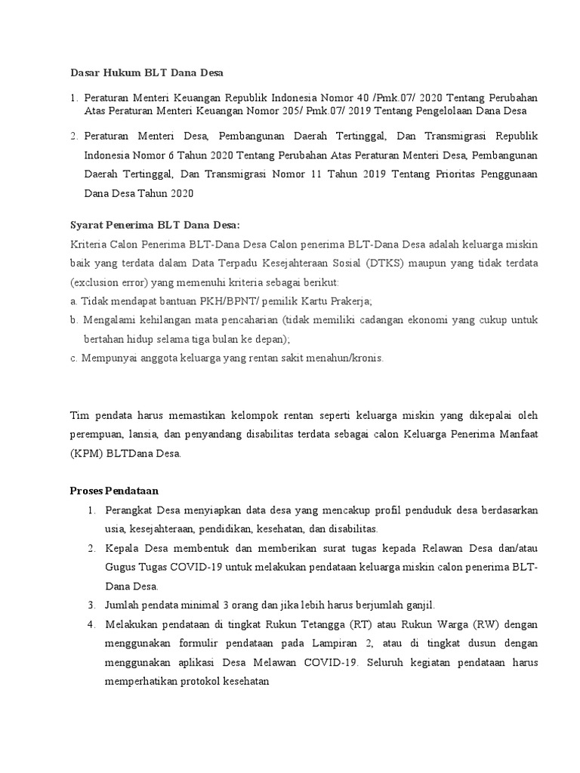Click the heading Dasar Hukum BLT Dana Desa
pyautogui.click(x=147, y=72)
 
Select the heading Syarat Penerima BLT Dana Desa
pyautogui.click(x=154, y=225)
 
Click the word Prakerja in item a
pyautogui.click(x=348, y=300)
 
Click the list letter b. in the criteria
pyautogui.click(x=74, y=320)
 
